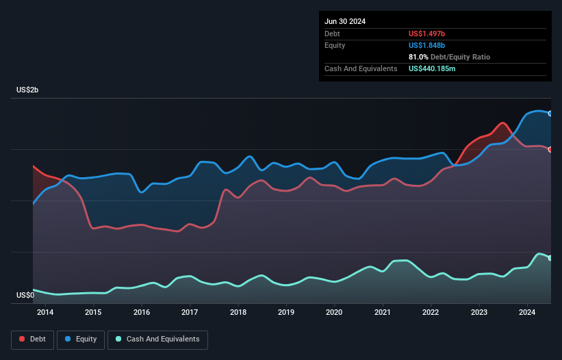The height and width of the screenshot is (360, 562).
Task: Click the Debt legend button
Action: (x=31, y=339)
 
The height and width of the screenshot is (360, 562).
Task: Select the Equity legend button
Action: (x=81, y=339)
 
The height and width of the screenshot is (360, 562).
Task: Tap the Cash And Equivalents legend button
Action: (x=157, y=339)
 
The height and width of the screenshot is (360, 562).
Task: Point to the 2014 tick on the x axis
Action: (x=45, y=313)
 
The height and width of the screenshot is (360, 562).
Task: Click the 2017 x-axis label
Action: (x=190, y=313)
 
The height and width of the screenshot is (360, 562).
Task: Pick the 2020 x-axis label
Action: (x=334, y=313)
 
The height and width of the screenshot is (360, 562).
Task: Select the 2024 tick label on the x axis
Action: (x=527, y=313)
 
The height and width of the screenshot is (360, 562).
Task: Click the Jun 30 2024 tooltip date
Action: (x=345, y=21)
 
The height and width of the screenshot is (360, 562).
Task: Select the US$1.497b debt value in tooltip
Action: (x=431, y=34)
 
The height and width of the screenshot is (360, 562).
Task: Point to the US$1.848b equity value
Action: (x=431, y=45)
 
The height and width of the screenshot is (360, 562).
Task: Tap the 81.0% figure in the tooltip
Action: (x=418, y=57)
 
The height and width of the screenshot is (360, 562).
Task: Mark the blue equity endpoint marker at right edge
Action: (x=550, y=114)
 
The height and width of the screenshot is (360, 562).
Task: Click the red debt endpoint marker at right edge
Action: (x=550, y=149)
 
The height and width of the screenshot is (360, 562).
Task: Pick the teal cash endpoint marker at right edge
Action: (x=550, y=258)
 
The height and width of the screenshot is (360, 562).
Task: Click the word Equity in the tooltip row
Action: (x=335, y=45)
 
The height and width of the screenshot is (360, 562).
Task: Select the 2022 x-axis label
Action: (x=431, y=313)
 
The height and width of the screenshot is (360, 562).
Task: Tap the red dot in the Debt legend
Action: (x=23, y=339)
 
